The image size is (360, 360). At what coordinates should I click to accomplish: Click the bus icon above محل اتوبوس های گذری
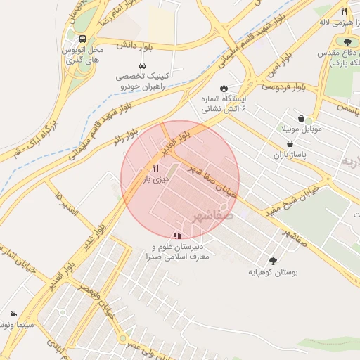pos(84,39)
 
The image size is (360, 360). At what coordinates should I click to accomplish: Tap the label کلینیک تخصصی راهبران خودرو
pos(141,81)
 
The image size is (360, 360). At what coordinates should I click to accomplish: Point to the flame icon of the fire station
pos(224,89)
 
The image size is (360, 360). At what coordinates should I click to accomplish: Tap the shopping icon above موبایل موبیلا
pos(302,118)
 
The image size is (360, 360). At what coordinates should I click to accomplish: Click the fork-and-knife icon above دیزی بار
pos(155,168)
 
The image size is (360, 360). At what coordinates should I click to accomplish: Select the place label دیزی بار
pos(157,179)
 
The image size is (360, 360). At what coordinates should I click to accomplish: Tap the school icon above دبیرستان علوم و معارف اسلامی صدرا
pos(176,235)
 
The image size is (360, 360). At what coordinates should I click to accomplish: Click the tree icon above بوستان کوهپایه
pos(273,259)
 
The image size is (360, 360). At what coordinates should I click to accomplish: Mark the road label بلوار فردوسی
pos(283,87)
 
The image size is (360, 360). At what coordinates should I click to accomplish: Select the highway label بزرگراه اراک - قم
pos(32,139)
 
